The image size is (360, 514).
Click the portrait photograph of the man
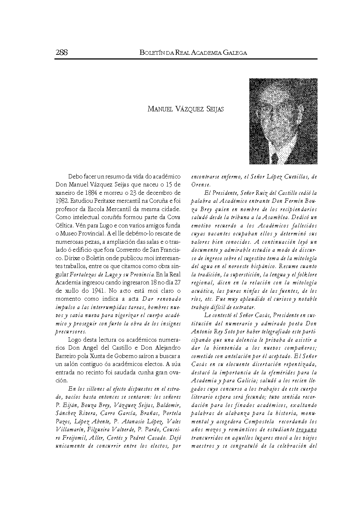point(283,121)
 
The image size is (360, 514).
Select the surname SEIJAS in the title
point(214,109)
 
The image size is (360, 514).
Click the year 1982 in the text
point(62,200)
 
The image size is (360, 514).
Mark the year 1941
point(86,291)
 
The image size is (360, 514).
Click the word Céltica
point(65,226)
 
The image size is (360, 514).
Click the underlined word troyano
point(306,429)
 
